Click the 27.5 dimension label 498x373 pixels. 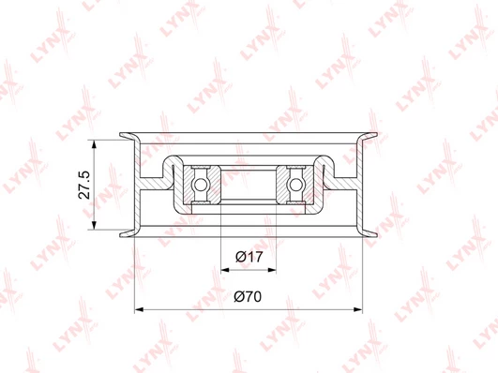pyautogui.click(x=84, y=185)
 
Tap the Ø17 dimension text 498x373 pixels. pyautogui.click(x=249, y=257)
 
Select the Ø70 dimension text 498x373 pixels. pyautogui.click(x=248, y=296)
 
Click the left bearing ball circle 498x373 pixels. pyautogui.click(x=201, y=185)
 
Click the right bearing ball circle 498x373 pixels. pyautogui.click(x=295, y=185)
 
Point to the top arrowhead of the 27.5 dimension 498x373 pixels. pyautogui.click(x=94, y=143)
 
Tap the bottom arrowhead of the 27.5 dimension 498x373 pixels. pyautogui.click(x=94, y=225)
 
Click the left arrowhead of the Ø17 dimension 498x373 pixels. pyautogui.click(x=225, y=270)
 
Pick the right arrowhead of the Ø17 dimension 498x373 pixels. pyautogui.click(x=272, y=270)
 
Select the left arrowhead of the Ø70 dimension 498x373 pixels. pyautogui.click(x=139, y=309)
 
